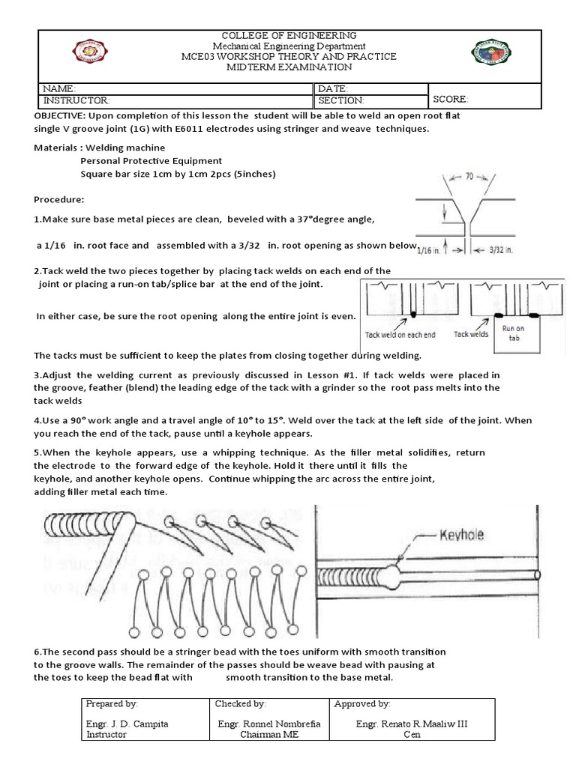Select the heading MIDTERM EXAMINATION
[x=289, y=67]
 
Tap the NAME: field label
[x=59, y=88]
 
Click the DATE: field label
[x=333, y=88]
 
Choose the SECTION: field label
[x=341, y=100]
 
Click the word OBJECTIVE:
[x=61, y=117]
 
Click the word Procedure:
[x=59, y=201]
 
